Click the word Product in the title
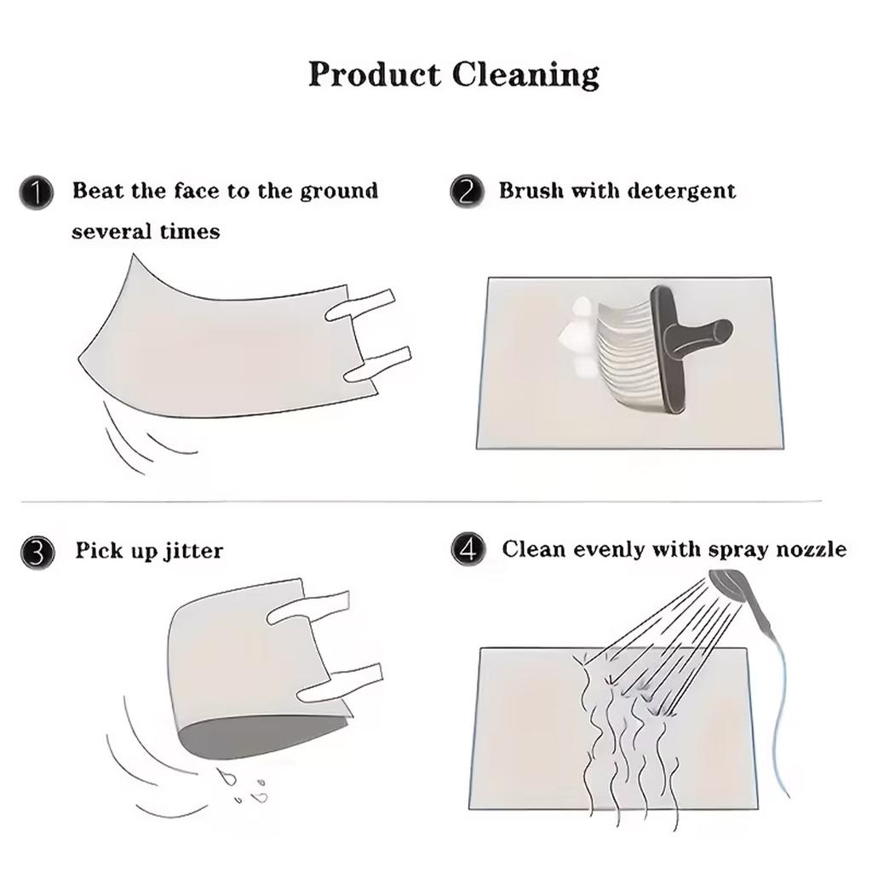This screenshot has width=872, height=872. coord(375,74)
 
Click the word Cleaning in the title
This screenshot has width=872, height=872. coord(525,75)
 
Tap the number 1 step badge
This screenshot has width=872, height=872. coord(37,193)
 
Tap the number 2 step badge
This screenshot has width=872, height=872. coord(467,192)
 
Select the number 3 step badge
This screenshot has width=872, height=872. coord(37,553)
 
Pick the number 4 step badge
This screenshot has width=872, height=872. coord(468,549)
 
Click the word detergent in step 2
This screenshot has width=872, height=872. coord(682,192)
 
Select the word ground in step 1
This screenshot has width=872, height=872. coord(339,192)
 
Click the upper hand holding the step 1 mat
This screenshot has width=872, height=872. coord(360,305)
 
